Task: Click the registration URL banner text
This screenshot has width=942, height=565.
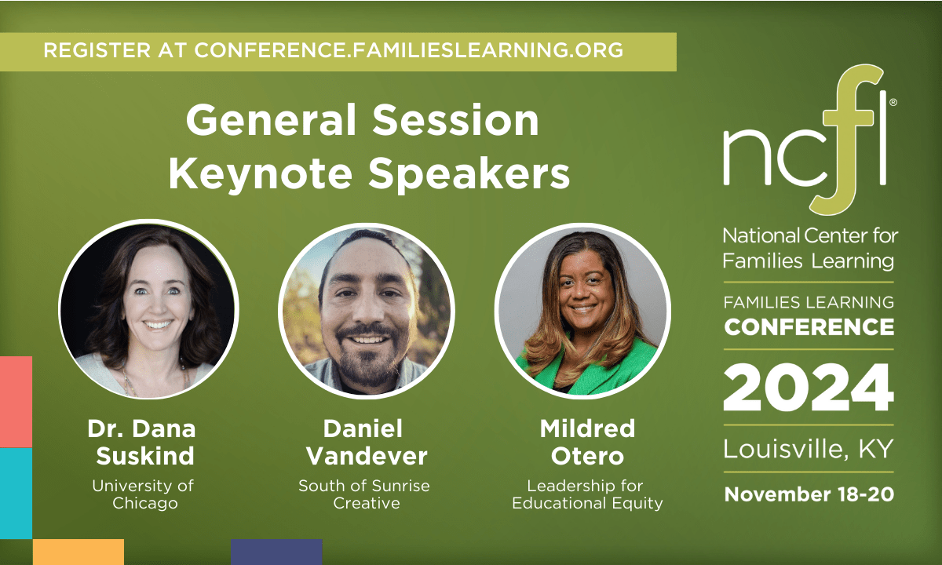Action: point(334,50)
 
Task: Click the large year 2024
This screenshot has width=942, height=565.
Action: point(809,389)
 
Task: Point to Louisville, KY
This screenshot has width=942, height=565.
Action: point(809,450)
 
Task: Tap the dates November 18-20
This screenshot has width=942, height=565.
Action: point(809,494)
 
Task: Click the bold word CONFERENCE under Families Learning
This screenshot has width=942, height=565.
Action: point(809,326)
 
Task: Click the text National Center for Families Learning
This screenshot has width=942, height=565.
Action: point(809,248)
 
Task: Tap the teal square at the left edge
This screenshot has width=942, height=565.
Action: point(16,493)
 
